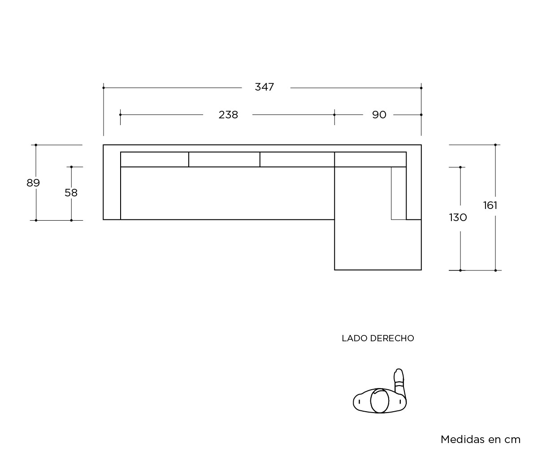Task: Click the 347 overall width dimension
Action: [264, 87]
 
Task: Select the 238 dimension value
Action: [228, 115]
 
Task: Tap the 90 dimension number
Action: [379, 115]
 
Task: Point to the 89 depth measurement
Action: [33, 183]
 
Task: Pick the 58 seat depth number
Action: [71, 193]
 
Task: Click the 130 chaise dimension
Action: [458, 217]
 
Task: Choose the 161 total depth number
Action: [490, 206]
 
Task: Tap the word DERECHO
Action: [392, 339]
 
